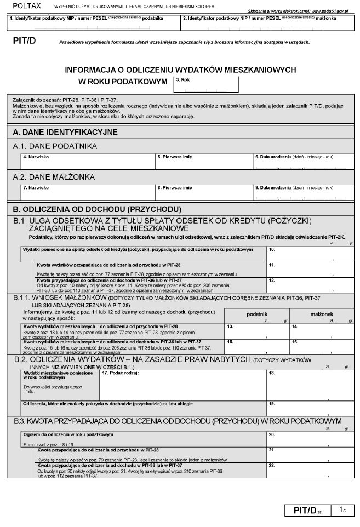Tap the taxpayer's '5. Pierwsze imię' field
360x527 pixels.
204,162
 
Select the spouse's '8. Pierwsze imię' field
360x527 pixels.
204,192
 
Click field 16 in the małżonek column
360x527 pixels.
322,345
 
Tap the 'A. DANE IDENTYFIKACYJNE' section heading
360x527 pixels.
65,132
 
